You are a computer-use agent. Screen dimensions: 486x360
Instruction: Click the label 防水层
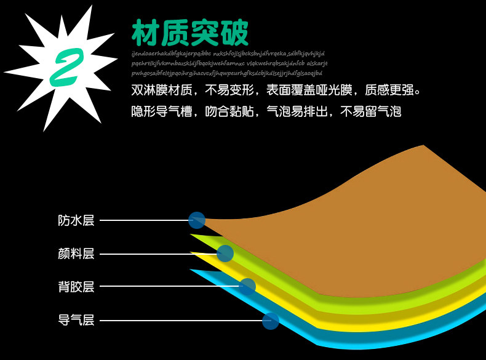point(76,220)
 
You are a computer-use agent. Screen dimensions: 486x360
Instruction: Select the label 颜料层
point(76,254)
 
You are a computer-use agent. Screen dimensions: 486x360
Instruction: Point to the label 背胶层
point(76,287)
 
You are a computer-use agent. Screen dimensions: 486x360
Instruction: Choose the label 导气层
point(76,320)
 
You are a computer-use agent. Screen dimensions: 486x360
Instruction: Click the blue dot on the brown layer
point(197,220)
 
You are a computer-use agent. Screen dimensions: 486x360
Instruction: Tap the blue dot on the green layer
point(225,253)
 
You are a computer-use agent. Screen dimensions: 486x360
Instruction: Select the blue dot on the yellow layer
point(247,286)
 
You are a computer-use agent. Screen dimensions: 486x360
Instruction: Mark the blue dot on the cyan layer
point(271,321)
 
